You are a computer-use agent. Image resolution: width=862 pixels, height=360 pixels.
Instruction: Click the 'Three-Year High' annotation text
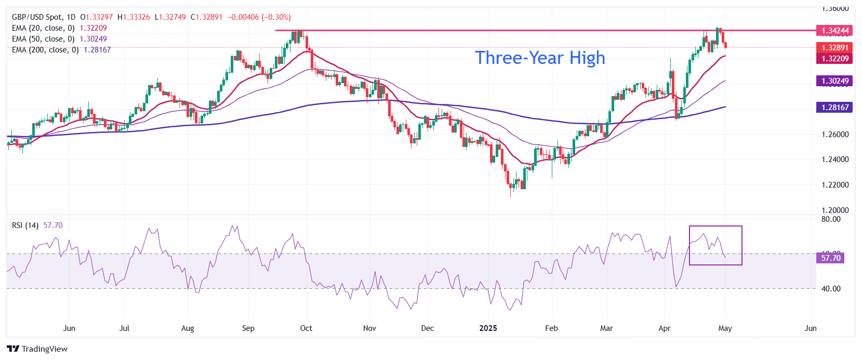tap(540, 58)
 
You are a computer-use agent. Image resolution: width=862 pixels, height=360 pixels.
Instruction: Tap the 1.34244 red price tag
tap(834, 31)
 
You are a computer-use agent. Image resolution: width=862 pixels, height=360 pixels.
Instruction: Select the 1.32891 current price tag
tap(834, 48)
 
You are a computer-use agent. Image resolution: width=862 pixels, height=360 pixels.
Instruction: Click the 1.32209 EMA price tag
tap(834, 59)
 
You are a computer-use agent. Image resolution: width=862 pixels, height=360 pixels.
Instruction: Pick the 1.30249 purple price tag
tap(834, 81)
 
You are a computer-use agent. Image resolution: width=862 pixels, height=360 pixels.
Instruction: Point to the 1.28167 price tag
tap(834, 108)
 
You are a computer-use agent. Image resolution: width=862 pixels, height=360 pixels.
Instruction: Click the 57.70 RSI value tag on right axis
tap(830, 258)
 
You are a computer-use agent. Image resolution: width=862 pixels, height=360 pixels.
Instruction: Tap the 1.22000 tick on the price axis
tap(835, 185)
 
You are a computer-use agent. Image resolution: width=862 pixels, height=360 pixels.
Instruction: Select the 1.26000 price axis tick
tap(835, 135)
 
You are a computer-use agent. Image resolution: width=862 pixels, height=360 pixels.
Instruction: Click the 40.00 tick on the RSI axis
tap(830, 289)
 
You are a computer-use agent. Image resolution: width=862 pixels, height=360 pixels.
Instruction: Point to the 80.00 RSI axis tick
tap(830, 219)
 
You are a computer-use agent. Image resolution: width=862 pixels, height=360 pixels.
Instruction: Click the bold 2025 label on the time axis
tap(488, 328)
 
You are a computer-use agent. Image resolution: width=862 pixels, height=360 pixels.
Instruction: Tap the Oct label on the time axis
tap(306, 328)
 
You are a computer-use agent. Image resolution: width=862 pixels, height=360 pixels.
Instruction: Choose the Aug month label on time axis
tap(188, 328)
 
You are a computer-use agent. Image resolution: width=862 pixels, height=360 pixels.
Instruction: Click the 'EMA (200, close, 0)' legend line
tap(45, 50)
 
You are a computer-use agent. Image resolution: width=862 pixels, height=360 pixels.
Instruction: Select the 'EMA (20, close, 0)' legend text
tap(43, 28)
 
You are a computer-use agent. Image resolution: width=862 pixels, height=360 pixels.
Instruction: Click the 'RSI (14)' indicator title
tap(25, 225)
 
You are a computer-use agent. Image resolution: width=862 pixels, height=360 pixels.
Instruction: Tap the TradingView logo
tap(37, 349)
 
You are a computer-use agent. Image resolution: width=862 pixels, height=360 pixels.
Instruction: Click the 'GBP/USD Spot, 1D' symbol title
tap(44, 17)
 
